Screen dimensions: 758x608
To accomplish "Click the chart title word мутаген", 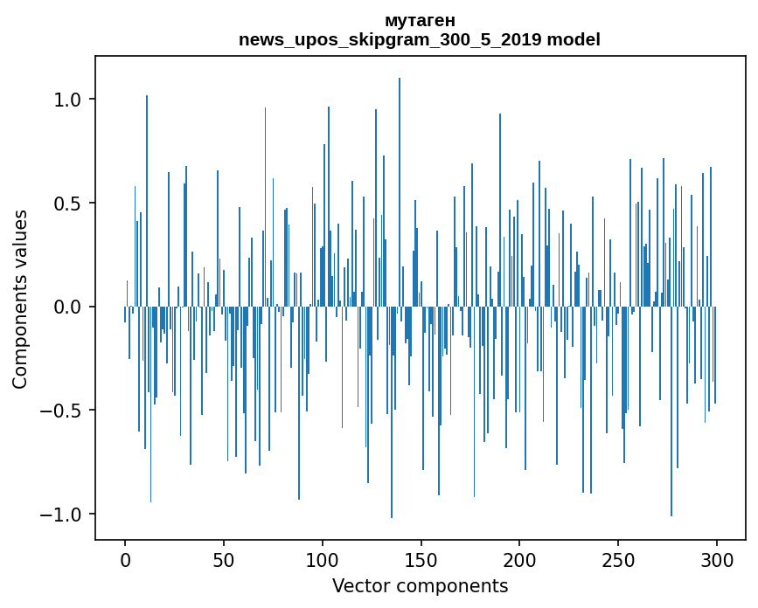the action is (x=420, y=21).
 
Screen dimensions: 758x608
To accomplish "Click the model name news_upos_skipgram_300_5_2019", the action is (x=390, y=39).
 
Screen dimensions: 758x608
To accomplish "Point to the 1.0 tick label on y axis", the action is (x=67, y=100).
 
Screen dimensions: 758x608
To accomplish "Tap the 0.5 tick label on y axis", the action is (x=67, y=204).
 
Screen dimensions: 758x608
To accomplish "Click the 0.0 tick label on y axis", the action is (x=67, y=307).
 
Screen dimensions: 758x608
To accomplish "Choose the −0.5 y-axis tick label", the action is (x=60, y=411).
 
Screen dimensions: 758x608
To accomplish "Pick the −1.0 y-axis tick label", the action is (x=60, y=515).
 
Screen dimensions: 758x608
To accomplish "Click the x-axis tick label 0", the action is (x=125, y=560).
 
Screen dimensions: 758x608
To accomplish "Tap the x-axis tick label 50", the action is (x=224, y=560).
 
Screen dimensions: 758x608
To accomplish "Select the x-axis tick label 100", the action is (x=323, y=560).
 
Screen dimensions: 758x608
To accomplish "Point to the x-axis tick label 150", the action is (x=421, y=560).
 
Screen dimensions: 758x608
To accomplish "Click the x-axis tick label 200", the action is (x=519, y=560).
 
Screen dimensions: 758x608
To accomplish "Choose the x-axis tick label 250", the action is (x=618, y=560).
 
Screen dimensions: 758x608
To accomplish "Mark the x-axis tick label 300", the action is (x=717, y=560).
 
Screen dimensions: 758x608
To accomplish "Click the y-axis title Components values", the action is (x=20, y=300).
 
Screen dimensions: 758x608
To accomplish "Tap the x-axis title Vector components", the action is (x=420, y=586).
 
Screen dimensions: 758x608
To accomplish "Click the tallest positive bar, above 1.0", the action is (x=400, y=192).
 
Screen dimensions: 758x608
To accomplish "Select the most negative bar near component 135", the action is (x=392, y=412).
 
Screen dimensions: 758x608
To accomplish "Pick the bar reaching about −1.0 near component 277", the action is (x=671, y=411).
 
